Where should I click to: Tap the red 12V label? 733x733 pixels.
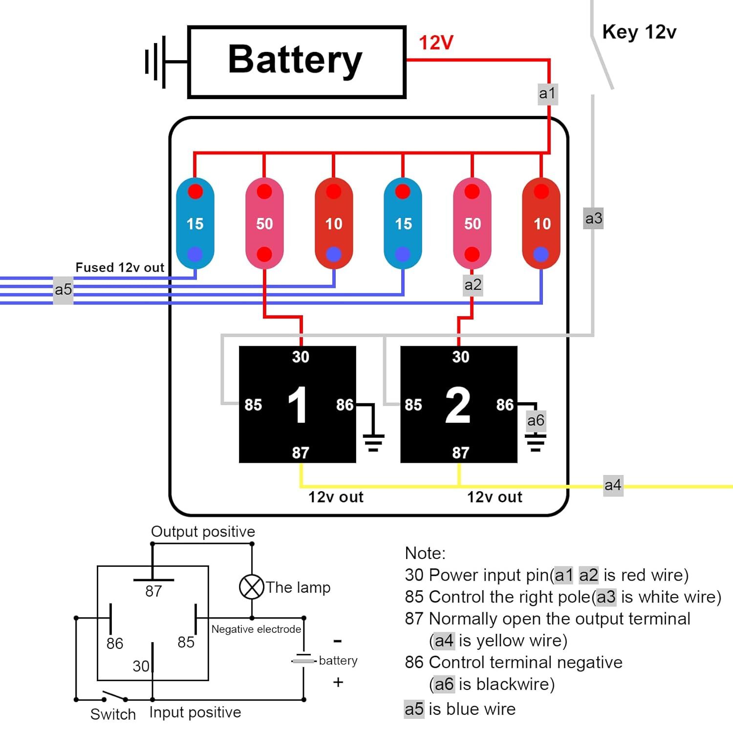(x=436, y=43)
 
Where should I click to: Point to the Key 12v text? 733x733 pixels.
(x=639, y=32)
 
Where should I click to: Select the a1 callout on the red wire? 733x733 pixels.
(x=547, y=93)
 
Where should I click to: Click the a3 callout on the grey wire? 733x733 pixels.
(x=594, y=218)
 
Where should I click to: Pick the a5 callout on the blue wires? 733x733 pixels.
(x=63, y=290)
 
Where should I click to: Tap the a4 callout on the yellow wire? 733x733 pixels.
(x=613, y=485)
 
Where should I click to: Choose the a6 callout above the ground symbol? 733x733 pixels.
(x=536, y=420)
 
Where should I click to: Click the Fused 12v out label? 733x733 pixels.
(x=120, y=267)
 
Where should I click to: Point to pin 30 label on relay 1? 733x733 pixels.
(x=301, y=357)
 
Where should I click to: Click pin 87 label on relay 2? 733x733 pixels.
(x=460, y=453)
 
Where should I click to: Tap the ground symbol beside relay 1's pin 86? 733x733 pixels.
(x=373, y=442)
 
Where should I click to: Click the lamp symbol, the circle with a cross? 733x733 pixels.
(x=252, y=586)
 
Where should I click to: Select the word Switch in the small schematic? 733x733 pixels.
(x=113, y=714)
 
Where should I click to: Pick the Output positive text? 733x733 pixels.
(x=203, y=531)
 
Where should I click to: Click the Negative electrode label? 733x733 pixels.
(x=256, y=629)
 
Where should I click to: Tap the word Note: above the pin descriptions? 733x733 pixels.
(x=425, y=553)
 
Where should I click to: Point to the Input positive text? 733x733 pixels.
(x=195, y=712)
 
